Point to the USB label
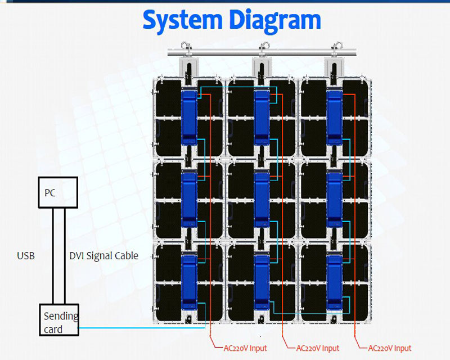(x=26, y=256)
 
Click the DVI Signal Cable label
(x=103, y=256)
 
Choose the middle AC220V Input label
(x=318, y=348)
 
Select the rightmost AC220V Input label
(x=390, y=348)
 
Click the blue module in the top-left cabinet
(x=189, y=116)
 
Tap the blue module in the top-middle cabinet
(x=262, y=116)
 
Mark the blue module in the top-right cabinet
(x=335, y=116)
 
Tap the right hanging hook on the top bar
(x=335, y=47)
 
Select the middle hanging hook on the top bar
(x=262, y=47)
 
